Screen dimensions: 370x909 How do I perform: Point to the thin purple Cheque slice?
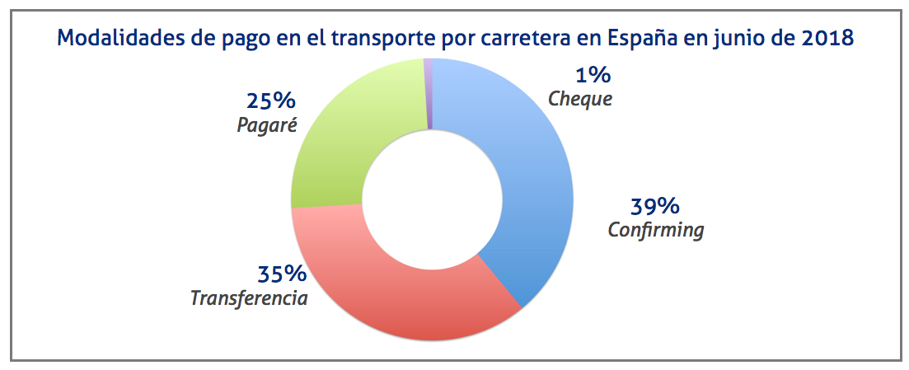428,91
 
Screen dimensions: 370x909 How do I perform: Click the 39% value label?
654,206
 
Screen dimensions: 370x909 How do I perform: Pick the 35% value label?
282,274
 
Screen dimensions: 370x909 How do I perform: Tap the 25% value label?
270,102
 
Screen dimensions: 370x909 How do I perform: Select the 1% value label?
593,77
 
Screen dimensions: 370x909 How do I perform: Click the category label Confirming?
656,230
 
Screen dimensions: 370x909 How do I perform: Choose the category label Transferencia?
249,297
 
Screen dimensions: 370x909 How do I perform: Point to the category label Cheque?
580,100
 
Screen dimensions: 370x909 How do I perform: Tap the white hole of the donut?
431,199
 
